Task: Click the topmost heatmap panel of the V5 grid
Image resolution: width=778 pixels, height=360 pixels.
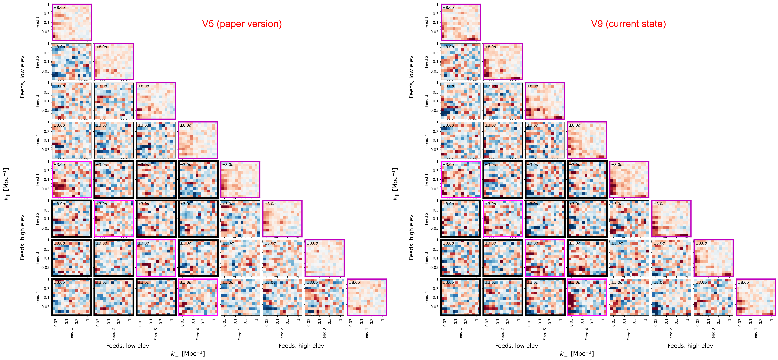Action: pyautogui.click(x=72, y=22)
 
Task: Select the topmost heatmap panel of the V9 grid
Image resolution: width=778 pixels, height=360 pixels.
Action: pyautogui.click(x=461, y=22)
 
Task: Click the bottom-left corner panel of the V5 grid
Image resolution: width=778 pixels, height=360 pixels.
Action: pyautogui.click(x=72, y=297)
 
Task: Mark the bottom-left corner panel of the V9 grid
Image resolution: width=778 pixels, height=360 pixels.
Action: pyautogui.click(x=461, y=297)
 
